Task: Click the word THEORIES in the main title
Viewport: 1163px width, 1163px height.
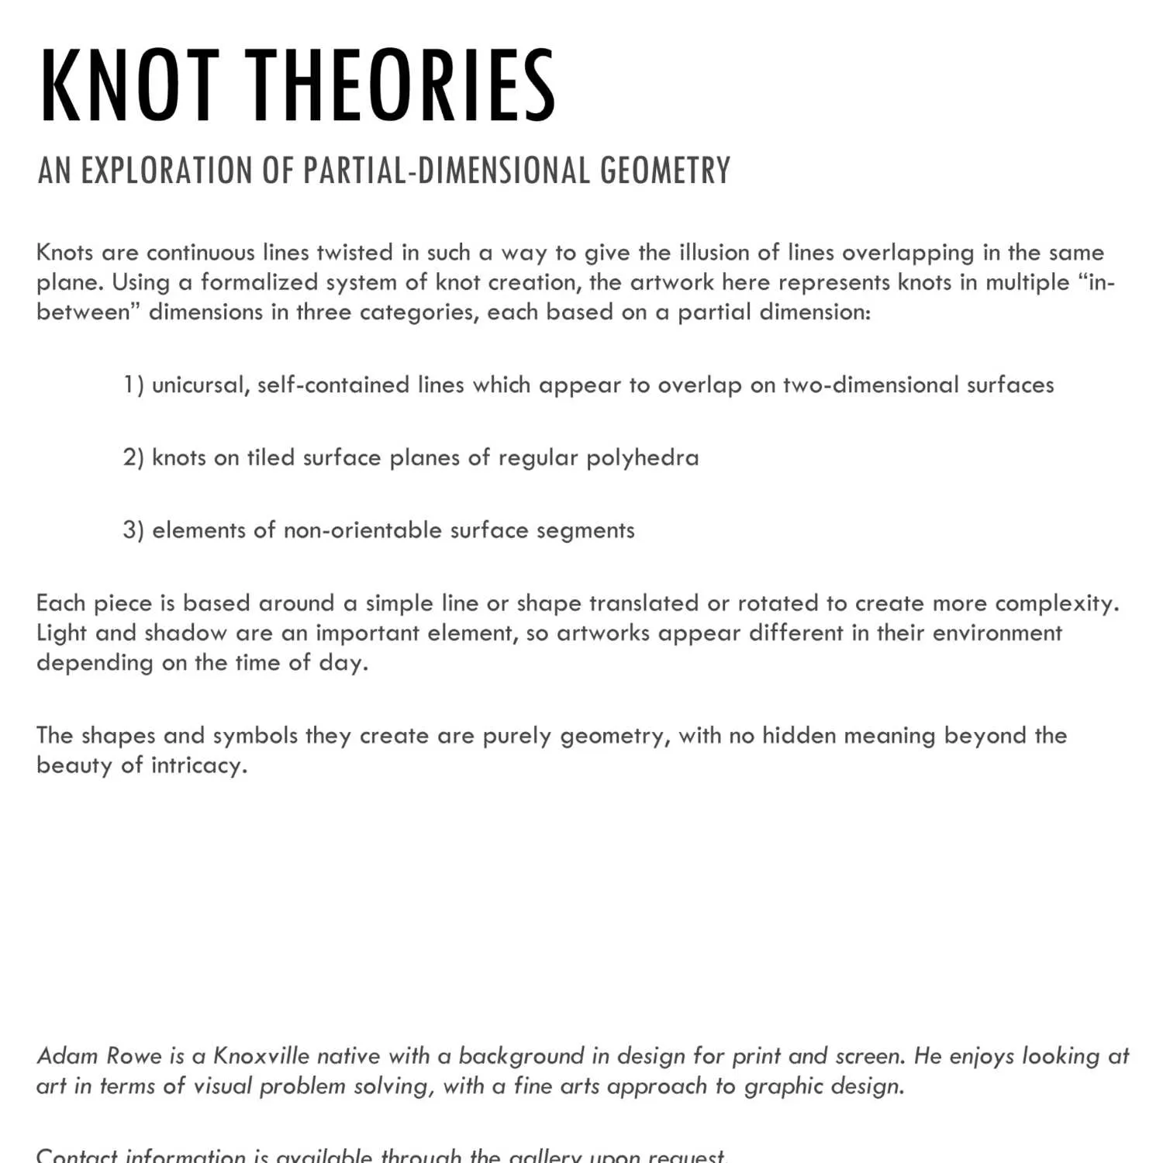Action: (x=401, y=85)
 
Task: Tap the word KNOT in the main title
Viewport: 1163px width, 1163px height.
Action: (x=129, y=85)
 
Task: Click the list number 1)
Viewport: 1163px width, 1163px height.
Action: (x=133, y=385)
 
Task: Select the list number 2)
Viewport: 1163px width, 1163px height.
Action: (x=133, y=458)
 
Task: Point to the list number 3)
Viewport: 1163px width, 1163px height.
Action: (x=133, y=530)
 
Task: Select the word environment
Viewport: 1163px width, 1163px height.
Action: (x=996, y=633)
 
